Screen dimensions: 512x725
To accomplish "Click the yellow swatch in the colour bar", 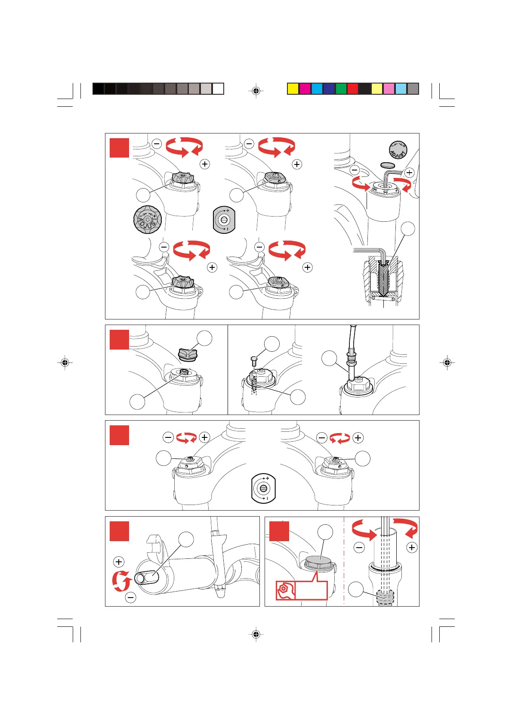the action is click(x=293, y=89).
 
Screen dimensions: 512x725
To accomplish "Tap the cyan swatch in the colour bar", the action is click(x=317, y=89).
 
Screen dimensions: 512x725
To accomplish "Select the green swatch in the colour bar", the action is click(x=341, y=89).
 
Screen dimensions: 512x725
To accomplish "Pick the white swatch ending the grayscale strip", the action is click(x=218, y=89).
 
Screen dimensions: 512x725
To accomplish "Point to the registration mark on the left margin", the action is click(x=65, y=362).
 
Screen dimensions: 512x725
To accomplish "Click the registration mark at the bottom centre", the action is click(x=256, y=634).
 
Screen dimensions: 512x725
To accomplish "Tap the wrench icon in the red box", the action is click(x=284, y=590).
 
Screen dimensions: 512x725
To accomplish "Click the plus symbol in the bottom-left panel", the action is click(x=119, y=562).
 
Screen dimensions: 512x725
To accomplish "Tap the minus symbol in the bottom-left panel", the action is click(x=130, y=597).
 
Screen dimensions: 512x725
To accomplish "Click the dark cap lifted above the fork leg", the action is click(x=187, y=353).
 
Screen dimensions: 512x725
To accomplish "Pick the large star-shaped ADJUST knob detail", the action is click(x=148, y=220).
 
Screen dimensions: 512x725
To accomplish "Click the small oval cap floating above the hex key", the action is click(x=389, y=165).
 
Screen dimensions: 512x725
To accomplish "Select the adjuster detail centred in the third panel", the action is click(x=263, y=489).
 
